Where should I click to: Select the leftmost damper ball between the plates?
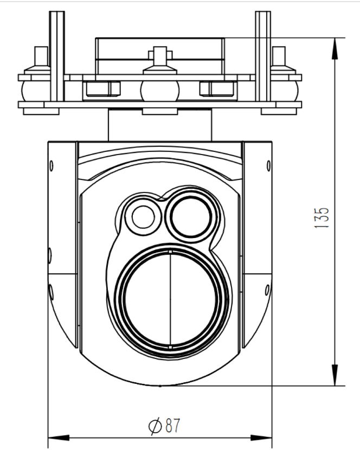tap(31, 89)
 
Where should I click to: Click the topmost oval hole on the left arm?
tap(52, 165)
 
